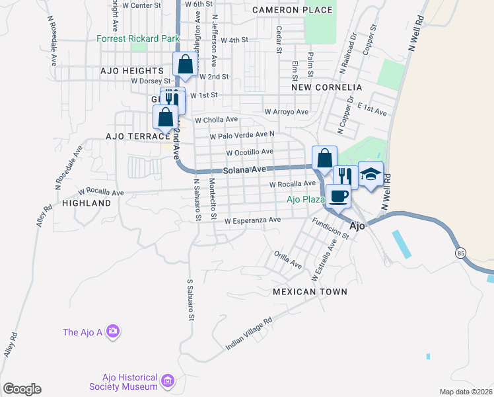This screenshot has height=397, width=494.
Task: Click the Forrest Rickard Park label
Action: click(137, 39)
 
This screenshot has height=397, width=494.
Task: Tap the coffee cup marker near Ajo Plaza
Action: click(338, 196)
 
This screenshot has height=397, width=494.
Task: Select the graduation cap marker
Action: click(370, 175)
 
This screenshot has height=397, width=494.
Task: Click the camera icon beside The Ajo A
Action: click(113, 331)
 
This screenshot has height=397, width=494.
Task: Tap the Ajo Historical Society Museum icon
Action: click(167, 381)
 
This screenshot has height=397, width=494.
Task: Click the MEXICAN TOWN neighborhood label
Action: click(309, 291)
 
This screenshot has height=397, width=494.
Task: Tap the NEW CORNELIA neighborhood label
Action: click(328, 87)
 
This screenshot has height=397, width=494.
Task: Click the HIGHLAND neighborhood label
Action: click(87, 204)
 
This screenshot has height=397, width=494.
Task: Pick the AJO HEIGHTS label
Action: click(132, 70)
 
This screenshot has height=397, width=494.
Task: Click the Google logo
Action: click(21, 389)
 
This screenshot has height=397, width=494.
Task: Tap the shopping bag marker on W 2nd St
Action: click(185, 65)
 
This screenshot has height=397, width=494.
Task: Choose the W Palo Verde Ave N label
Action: click(242, 136)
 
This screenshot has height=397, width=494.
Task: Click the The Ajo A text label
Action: click(83, 332)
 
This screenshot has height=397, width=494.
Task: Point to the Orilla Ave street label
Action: click(289, 259)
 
